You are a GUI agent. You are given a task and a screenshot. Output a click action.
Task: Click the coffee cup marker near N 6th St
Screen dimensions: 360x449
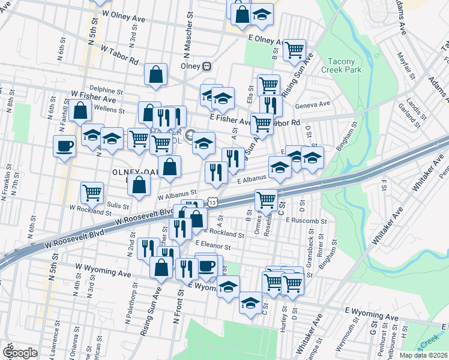tap(64, 145)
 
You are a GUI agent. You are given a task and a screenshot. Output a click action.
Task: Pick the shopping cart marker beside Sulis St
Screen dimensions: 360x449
tap(92, 193)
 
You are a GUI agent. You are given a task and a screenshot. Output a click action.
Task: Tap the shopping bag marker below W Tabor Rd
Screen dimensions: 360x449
tap(155, 74)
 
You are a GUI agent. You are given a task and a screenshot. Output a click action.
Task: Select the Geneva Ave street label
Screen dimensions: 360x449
tap(313, 104)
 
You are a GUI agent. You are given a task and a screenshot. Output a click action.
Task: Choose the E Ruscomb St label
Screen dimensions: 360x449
tap(306, 221)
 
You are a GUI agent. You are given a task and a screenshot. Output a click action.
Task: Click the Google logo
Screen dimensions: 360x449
tap(19, 352)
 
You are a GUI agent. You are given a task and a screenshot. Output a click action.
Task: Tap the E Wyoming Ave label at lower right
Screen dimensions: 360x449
tap(371, 315)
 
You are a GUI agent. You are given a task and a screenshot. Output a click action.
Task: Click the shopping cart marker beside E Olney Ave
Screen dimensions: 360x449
tap(294, 50)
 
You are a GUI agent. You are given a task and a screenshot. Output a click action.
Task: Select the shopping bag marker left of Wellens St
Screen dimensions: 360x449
tap(79, 110)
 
